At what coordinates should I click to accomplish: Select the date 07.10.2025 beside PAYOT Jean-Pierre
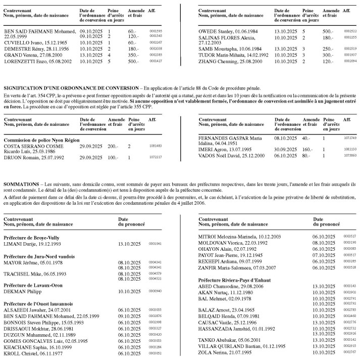[x=324, y=255]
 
